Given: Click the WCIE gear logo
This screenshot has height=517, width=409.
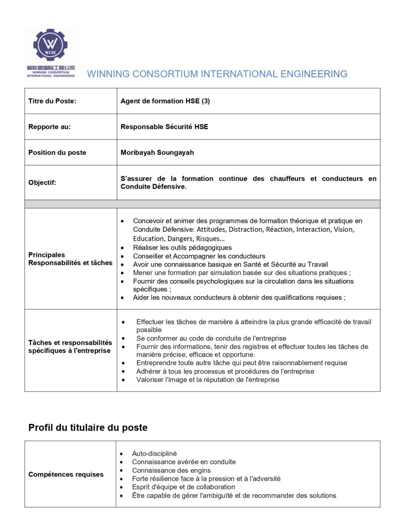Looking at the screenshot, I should [50, 45].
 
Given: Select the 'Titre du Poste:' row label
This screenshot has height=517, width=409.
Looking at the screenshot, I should [52, 101].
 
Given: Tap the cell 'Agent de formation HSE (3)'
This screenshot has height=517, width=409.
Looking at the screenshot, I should [165, 101].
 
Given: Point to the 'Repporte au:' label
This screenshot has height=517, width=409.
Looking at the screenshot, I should [49, 127].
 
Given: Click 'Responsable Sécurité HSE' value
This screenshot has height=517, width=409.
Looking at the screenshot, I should [164, 127].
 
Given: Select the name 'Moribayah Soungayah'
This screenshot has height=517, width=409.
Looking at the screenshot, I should [157, 152].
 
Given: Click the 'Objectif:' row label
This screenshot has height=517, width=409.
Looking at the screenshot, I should [42, 182].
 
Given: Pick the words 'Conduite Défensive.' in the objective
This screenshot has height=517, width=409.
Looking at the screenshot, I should [154, 187].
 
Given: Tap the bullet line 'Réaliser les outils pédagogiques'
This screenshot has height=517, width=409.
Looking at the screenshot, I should [182, 247].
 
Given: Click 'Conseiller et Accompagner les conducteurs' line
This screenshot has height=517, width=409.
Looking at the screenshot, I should [199, 256].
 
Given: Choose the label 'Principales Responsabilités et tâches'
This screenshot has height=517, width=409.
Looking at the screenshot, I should [70, 259].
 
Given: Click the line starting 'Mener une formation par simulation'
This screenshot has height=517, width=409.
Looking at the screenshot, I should [242, 273].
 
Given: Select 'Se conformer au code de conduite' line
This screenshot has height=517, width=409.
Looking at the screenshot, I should [211, 338].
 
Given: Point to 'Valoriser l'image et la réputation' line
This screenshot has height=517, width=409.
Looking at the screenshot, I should [208, 380].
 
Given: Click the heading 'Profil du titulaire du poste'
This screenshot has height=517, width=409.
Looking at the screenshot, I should [88, 428].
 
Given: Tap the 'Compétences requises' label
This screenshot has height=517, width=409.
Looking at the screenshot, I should [66, 474].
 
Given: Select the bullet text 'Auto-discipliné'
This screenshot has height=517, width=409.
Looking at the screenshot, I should [154, 453].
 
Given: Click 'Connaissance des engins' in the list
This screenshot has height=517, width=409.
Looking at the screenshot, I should [171, 470].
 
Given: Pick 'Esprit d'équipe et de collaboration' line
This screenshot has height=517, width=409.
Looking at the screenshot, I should [183, 487].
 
